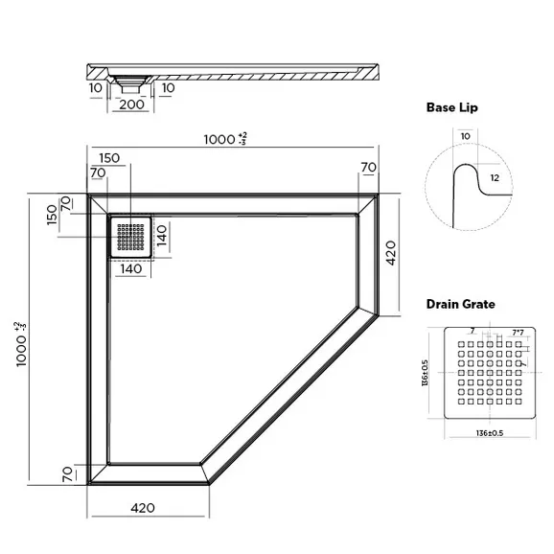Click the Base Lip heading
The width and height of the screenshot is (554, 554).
[x=452, y=108]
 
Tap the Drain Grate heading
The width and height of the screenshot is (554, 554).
[x=461, y=304]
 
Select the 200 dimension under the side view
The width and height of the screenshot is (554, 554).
[x=134, y=104]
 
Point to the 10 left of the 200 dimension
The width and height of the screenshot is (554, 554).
[x=97, y=89]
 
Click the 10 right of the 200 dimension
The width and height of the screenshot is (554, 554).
[x=169, y=89]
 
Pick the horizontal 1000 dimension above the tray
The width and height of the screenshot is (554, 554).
[x=225, y=140]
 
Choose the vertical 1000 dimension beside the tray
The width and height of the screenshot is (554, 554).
[x=20, y=340]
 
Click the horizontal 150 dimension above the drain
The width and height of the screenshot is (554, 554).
[x=108, y=157]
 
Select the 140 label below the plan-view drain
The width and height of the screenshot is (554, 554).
[x=132, y=269]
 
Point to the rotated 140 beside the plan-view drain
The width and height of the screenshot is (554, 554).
[x=163, y=235]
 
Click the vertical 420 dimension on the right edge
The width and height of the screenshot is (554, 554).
[x=392, y=254]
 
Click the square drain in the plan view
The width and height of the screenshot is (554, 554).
[x=132, y=236]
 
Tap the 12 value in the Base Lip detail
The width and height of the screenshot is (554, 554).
[x=494, y=178]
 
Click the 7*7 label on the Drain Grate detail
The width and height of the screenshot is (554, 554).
[x=517, y=333]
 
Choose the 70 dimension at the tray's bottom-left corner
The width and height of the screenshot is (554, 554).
[x=67, y=474]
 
